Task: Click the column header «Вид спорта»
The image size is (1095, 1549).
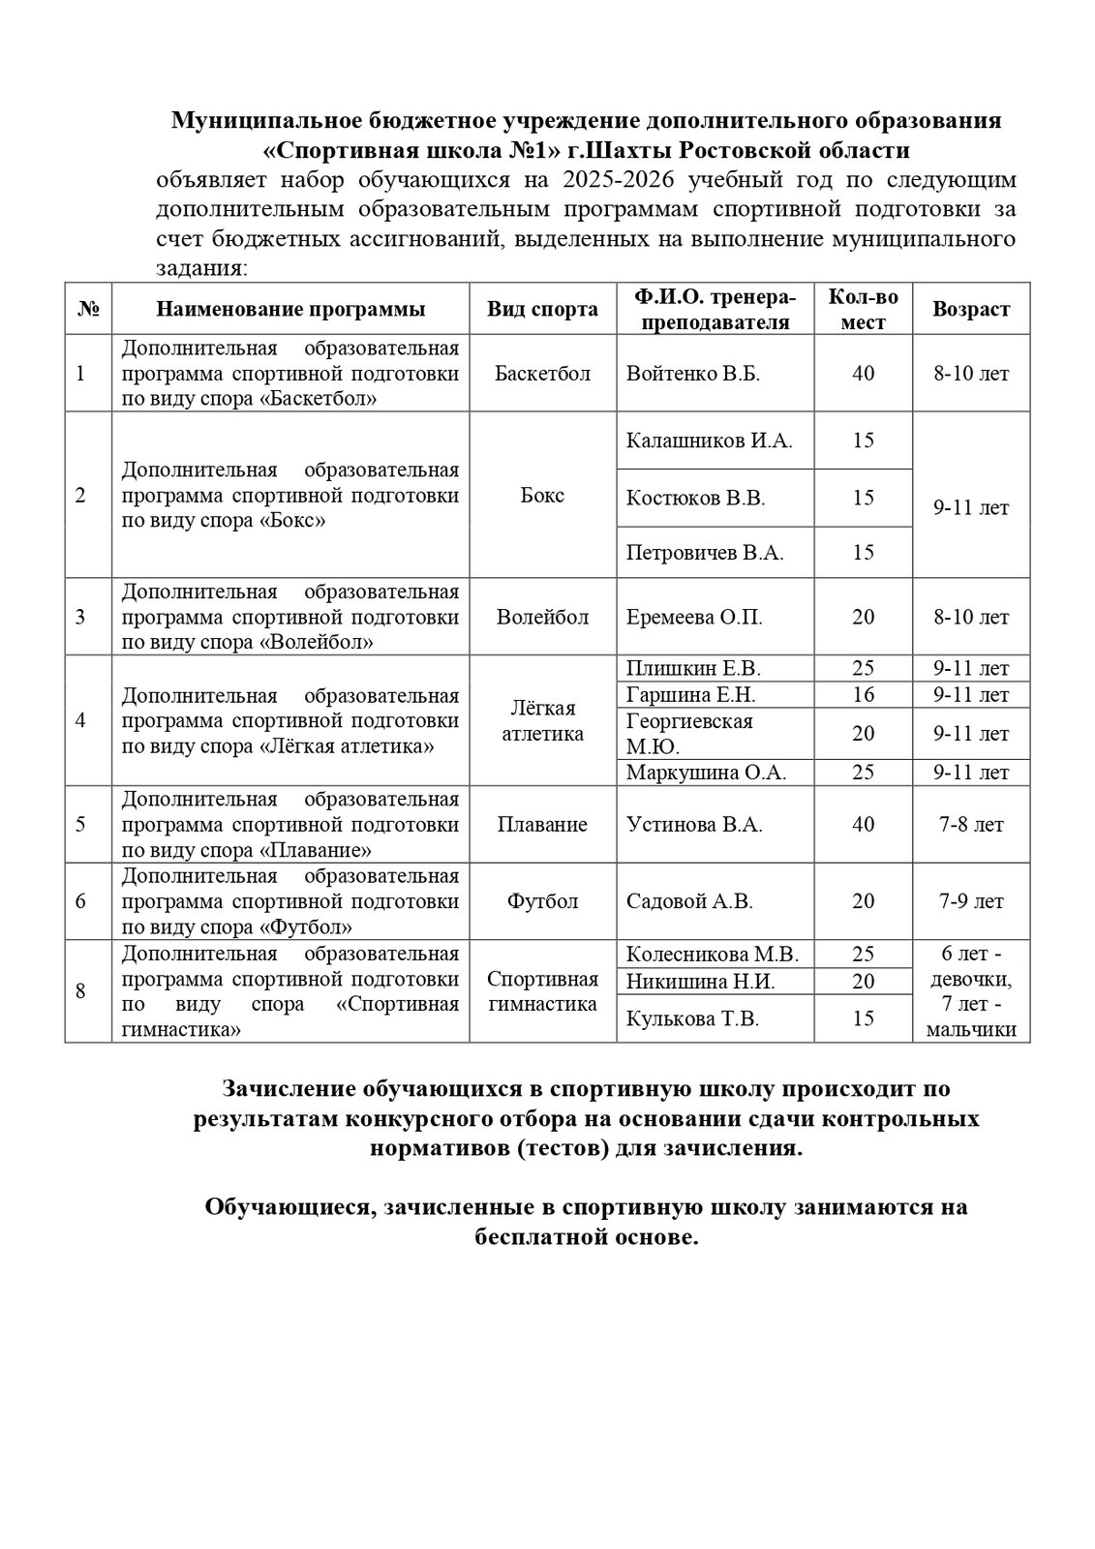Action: pyautogui.click(x=542, y=309)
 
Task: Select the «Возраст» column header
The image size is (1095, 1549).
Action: pyautogui.click(x=970, y=309)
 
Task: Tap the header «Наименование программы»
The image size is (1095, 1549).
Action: pyautogui.click(x=290, y=309)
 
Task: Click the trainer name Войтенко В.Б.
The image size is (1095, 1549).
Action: pyautogui.click(x=693, y=374)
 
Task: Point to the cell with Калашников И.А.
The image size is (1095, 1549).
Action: pyautogui.click(x=709, y=441)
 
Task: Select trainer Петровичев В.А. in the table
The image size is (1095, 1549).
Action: pyautogui.click(x=705, y=553)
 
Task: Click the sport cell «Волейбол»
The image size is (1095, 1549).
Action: pyautogui.click(x=542, y=617)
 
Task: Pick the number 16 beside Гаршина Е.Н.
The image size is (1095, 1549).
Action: pyautogui.click(x=863, y=694)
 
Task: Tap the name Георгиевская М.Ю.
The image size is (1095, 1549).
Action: pyautogui.click(x=689, y=734)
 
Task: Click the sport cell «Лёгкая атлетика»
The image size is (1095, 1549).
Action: pyautogui.click(x=542, y=720)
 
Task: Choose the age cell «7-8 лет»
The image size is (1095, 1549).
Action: pyautogui.click(x=970, y=824)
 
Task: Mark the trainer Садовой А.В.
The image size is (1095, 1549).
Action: pyautogui.click(x=689, y=901)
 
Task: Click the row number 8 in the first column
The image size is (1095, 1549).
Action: pyautogui.click(x=80, y=990)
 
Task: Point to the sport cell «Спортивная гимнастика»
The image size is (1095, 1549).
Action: pyautogui.click(x=542, y=990)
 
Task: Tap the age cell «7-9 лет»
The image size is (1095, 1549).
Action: pyautogui.click(x=970, y=901)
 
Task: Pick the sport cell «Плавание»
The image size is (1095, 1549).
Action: pyautogui.click(x=542, y=824)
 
